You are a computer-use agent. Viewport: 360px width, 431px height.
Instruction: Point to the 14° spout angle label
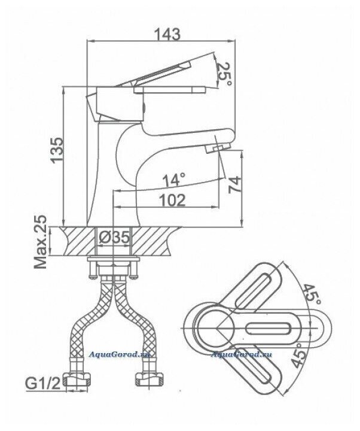coord(175,178)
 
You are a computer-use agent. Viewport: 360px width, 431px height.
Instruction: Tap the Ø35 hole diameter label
coord(114,238)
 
